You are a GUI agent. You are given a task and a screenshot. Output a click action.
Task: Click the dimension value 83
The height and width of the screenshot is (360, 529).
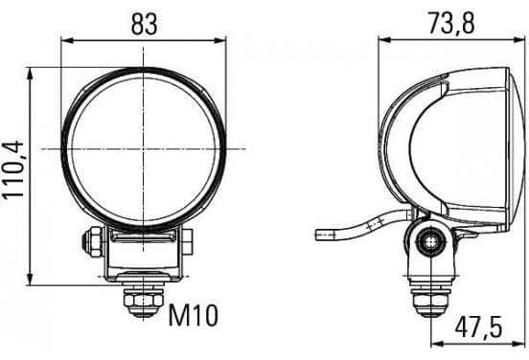[x=144, y=24]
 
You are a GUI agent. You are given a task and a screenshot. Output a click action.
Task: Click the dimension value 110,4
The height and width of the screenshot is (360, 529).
[x=13, y=169]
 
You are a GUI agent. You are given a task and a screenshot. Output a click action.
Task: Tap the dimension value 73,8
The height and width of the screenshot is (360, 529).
[x=451, y=24]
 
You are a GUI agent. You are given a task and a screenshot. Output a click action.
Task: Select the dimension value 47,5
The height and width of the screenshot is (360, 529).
[x=478, y=326]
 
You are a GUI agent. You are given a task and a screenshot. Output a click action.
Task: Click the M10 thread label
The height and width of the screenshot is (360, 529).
[x=194, y=316]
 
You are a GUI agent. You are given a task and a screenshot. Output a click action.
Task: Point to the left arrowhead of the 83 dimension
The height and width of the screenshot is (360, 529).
[x=67, y=41]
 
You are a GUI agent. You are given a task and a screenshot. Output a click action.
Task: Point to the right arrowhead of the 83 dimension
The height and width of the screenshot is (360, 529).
[x=220, y=41]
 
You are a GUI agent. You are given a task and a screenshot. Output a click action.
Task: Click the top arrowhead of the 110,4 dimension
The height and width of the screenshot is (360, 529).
[x=30, y=73]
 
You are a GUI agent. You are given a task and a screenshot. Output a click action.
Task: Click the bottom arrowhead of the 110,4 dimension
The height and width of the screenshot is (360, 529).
[x=30, y=280]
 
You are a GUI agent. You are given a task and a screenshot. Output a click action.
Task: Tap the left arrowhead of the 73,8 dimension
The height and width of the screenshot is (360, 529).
[x=384, y=40]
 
